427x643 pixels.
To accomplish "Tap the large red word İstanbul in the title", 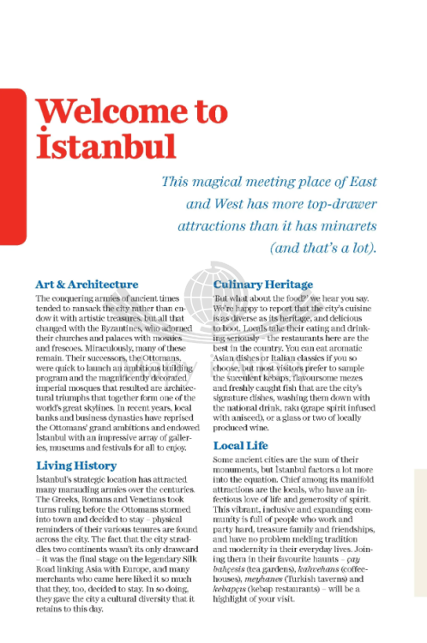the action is pos(105,147).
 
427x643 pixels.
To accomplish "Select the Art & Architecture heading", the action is pos(87,284).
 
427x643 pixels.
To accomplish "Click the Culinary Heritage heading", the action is pos(263,284).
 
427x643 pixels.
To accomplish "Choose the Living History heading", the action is pos(76,466).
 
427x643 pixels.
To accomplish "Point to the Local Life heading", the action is pos(240,447).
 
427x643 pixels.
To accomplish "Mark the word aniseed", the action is pos(242,418).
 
